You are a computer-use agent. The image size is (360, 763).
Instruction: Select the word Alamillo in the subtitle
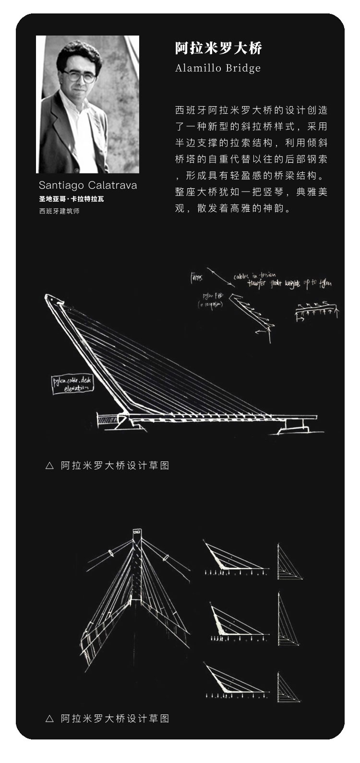(196, 69)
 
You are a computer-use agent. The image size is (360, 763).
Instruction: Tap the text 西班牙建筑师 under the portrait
(59, 211)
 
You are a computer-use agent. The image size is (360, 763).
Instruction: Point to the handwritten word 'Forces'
(196, 278)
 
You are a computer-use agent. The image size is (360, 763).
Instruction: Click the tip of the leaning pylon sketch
(53, 298)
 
